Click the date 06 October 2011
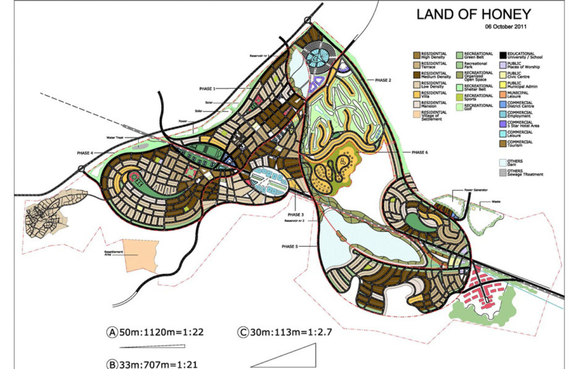pyautogui.click(x=506, y=27)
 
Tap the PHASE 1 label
pyautogui.click(x=208, y=88)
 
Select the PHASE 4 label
pyautogui.click(x=85, y=152)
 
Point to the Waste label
pyautogui.click(x=496, y=201)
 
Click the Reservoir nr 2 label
pyautogui.click(x=293, y=220)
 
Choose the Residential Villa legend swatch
pyautogui.click(x=416, y=94)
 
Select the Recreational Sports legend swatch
pyautogui.click(x=459, y=96)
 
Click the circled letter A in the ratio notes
pyautogui.click(x=112, y=332)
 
